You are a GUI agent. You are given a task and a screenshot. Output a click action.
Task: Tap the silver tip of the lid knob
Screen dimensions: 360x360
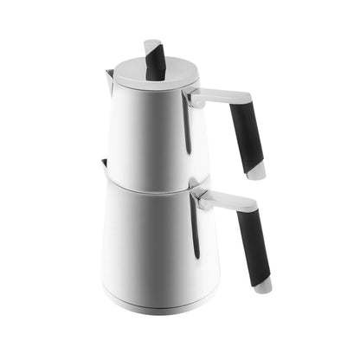(x=151, y=42)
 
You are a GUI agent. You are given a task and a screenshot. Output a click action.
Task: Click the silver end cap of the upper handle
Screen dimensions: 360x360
(x=257, y=173)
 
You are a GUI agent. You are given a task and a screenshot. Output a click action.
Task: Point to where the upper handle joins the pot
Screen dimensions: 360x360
(x=194, y=100)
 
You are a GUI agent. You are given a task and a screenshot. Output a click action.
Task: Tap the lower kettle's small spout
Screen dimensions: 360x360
(x=104, y=164)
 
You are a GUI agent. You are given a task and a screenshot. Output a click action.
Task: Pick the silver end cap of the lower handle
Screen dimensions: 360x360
(x=262, y=285)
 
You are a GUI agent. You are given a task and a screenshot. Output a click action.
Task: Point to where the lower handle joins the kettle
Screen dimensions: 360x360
(x=200, y=200)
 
